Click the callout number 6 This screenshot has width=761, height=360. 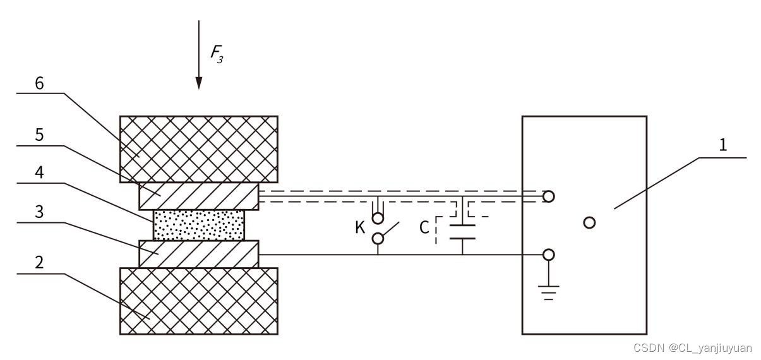pyautogui.click(x=39, y=84)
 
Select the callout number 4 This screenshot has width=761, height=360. pyautogui.click(x=39, y=174)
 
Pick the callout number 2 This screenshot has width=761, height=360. pyautogui.click(x=39, y=263)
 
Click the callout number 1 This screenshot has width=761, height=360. pyautogui.click(x=723, y=145)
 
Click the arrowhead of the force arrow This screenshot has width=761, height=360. pyautogui.click(x=199, y=83)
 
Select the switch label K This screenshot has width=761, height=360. pyautogui.click(x=360, y=227)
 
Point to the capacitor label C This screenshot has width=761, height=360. pyautogui.click(x=425, y=227)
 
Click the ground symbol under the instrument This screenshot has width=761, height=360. pyautogui.click(x=549, y=292)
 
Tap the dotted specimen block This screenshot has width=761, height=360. pyautogui.click(x=199, y=225)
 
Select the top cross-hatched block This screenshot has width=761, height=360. pyautogui.click(x=199, y=149)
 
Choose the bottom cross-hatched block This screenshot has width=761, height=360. pyautogui.click(x=199, y=301)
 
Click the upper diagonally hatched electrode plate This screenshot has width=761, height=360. pyautogui.click(x=199, y=196)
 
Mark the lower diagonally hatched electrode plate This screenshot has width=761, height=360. pyautogui.click(x=199, y=254)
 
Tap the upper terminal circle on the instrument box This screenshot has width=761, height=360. pyautogui.click(x=549, y=196)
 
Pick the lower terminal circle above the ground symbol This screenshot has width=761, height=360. pyautogui.click(x=549, y=255)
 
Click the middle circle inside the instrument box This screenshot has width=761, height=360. pyautogui.click(x=589, y=222)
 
